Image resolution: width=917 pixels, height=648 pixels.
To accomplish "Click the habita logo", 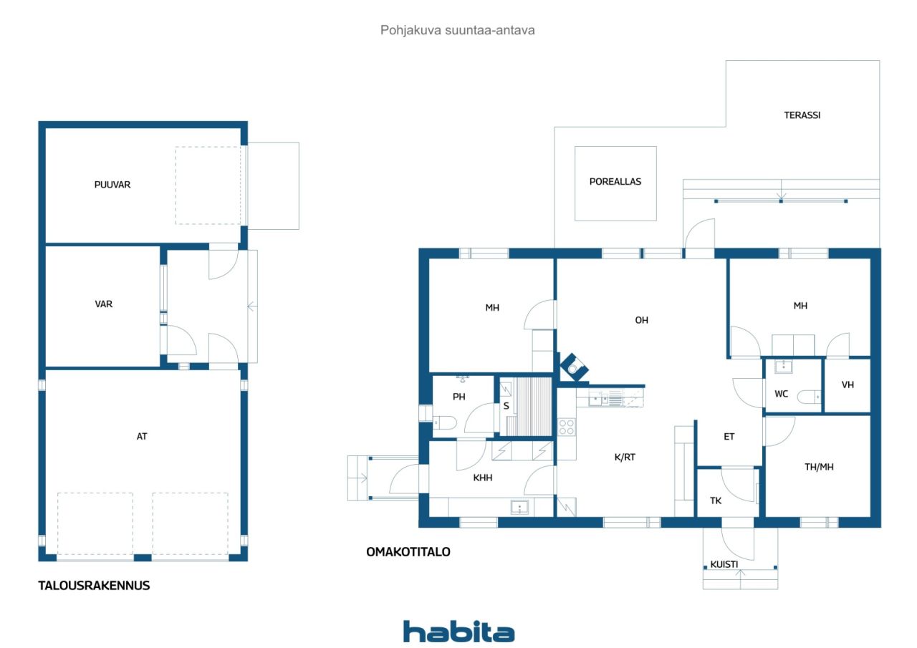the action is (x=458, y=632).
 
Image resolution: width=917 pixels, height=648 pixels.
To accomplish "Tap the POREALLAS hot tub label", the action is (x=615, y=182).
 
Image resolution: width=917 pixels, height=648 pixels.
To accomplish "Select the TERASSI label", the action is (x=802, y=115).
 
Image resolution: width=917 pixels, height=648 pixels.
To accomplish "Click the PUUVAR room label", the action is (x=112, y=185).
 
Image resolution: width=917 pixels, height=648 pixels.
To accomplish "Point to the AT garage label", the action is (x=142, y=437).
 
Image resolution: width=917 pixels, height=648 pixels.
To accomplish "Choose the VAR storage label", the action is (x=104, y=304).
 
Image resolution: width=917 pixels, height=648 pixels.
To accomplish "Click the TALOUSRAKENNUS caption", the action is (x=94, y=586).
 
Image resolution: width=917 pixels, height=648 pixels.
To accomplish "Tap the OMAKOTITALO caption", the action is (x=408, y=552).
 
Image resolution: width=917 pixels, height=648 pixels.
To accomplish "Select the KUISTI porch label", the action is (x=724, y=564).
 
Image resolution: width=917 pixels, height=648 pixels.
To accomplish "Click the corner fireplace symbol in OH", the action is (x=574, y=367).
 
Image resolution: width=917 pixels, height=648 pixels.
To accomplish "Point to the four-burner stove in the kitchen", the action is (x=567, y=427).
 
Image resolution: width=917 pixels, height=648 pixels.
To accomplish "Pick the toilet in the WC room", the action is (x=809, y=397).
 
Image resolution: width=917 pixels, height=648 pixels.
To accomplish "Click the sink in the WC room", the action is (x=784, y=366).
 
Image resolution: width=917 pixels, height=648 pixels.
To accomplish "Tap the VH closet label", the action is (x=848, y=385).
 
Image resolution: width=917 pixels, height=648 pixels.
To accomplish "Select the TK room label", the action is (x=716, y=500).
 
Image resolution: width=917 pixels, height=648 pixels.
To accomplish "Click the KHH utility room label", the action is (x=483, y=478).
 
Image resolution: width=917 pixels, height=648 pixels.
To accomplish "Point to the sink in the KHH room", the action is (x=519, y=507).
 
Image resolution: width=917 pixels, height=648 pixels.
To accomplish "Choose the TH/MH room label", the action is (x=819, y=467).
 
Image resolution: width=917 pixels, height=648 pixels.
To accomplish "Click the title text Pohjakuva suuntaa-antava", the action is (x=457, y=30).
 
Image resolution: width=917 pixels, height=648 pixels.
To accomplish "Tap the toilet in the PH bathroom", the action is (x=445, y=422).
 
